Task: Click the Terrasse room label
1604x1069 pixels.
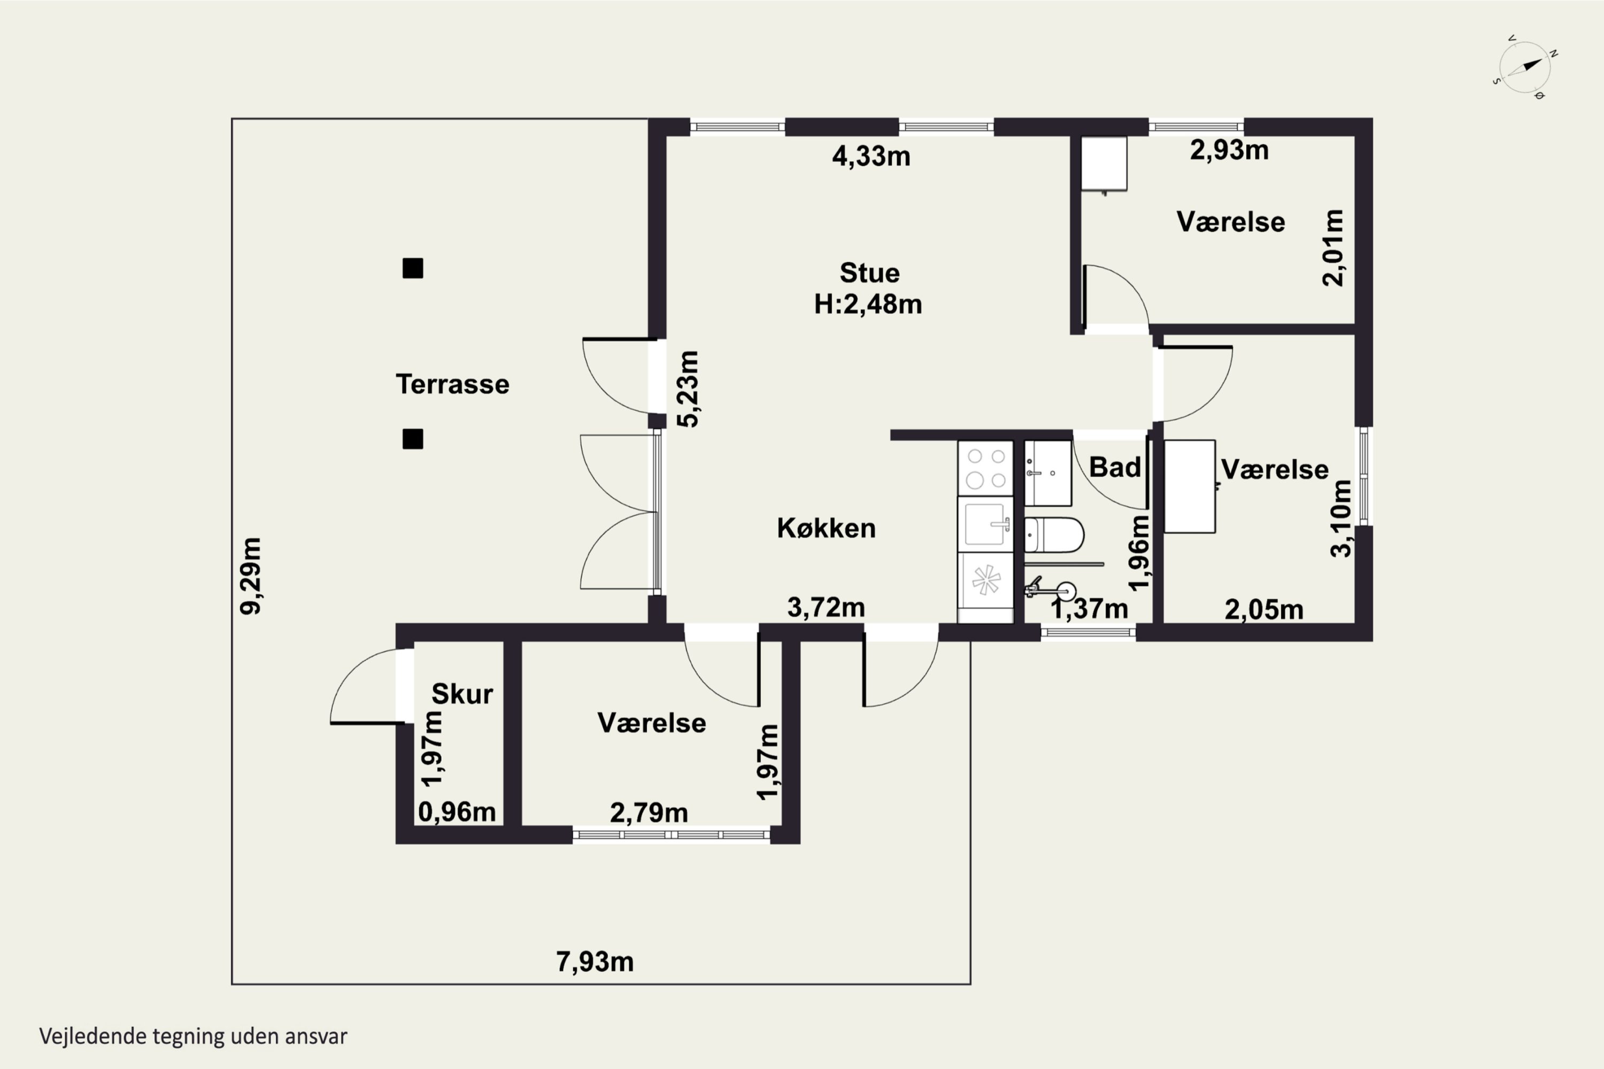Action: point(452,384)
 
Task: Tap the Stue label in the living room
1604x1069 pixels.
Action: point(869,273)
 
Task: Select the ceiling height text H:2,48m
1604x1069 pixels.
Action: point(868,304)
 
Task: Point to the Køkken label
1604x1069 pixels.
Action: point(826,529)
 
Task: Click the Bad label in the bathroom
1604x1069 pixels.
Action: point(1115,468)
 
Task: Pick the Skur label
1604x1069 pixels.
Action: point(462,694)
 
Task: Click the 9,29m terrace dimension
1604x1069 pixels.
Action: point(250,576)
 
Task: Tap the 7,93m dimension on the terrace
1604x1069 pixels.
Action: point(595,962)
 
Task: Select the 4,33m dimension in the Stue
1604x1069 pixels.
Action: point(871,156)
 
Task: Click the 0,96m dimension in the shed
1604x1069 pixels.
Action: point(456,812)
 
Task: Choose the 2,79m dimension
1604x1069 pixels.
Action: point(649,812)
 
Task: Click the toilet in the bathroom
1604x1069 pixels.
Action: point(1054,535)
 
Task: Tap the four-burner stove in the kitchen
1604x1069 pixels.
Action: point(985,468)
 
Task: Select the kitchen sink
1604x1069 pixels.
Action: point(985,524)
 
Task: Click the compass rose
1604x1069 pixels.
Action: point(1525,67)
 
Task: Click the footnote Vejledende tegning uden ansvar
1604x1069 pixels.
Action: point(193,1036)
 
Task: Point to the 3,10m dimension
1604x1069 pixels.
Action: point(1341,518)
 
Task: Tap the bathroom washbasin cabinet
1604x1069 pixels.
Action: point(1048,473)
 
